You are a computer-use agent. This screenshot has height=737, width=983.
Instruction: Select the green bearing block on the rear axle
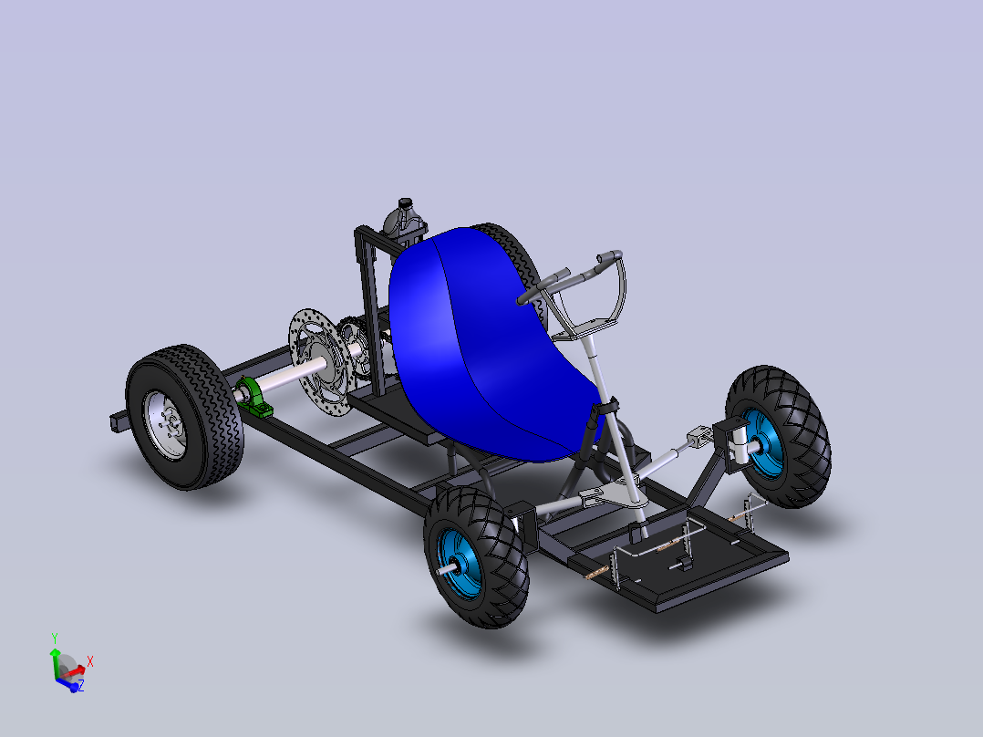point(254,397)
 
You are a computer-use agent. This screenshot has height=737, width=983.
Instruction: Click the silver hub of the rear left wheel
point(166,425)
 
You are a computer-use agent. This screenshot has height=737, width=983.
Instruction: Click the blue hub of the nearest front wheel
point(460,564)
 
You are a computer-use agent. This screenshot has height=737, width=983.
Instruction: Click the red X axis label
point(90,661)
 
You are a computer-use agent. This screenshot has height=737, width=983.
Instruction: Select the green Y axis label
point(55,638)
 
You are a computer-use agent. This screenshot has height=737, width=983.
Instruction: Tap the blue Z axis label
point(81,686)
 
